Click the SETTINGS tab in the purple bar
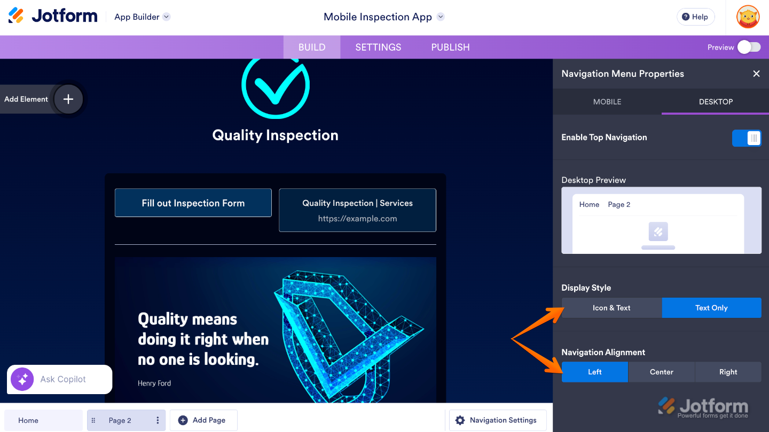378,47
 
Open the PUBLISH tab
450,47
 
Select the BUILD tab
312,47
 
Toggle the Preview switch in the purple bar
749,47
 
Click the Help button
695,17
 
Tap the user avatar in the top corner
748,17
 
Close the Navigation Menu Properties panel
756,74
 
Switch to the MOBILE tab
607,102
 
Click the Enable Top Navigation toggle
747,138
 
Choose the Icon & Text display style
612,308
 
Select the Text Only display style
711,308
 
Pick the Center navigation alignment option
662,372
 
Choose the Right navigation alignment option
728,372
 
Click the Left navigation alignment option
595,372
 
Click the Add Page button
203,420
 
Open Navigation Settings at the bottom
498,420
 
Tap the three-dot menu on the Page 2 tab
158,420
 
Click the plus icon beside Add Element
68,99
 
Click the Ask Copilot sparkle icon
22,379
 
